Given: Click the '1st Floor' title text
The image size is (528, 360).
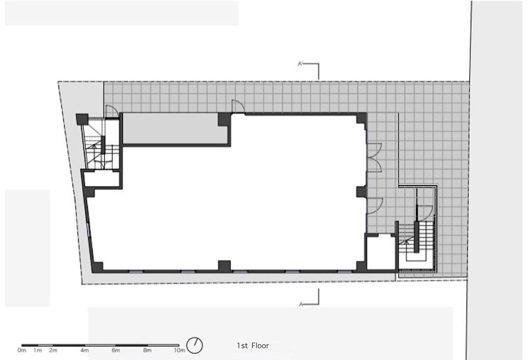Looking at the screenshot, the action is point(253,346).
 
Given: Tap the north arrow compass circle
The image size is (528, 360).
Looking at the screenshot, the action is point(195,346).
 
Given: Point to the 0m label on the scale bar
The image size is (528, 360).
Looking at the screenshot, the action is point(21,351).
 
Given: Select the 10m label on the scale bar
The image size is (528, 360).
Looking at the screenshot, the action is point(179,351).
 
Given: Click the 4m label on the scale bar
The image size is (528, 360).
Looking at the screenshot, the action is point(85,351).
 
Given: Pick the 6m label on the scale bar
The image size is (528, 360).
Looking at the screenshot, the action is point(116,351).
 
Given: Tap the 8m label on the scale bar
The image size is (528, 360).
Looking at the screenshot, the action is point(147,351).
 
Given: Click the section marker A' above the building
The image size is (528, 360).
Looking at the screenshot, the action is point(301,64).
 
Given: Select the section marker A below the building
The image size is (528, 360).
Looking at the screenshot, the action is point(301,304).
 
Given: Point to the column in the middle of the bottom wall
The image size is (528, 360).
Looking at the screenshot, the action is point(224,266).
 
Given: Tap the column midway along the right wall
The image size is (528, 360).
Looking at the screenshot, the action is point(361,192).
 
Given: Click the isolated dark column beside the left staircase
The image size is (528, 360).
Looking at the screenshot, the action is point(82,119).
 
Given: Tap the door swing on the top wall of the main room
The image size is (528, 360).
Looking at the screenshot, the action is point(238,106).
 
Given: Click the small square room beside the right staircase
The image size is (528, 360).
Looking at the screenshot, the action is point(381,253).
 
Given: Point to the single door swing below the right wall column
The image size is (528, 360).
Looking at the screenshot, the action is point(375,206).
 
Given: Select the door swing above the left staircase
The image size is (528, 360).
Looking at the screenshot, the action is point(111,112).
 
